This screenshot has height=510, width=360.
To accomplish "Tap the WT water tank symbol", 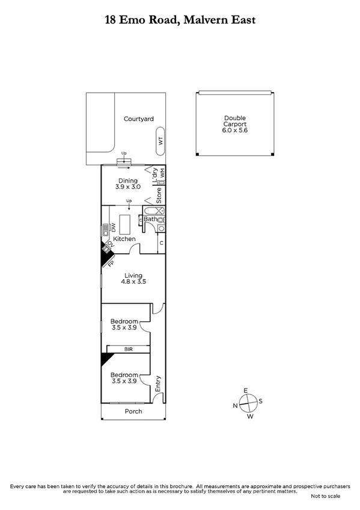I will point(160,140).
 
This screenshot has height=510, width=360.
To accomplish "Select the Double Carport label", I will point(235,124).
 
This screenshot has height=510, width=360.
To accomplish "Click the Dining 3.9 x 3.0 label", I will point(127,184).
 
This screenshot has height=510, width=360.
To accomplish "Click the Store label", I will point(159,194).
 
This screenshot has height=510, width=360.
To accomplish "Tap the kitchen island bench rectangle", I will point(126,224).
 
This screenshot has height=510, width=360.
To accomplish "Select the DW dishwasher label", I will point(112,227).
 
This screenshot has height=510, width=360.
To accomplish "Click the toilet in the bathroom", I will point(161,220).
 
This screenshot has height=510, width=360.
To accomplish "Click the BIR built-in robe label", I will point(128,349).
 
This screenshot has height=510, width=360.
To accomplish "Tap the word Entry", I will point(158,384).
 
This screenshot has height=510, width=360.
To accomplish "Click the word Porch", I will point(133,412).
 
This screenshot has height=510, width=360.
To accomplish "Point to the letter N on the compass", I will point(235,405).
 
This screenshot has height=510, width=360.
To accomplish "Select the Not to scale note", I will point(325,496).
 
